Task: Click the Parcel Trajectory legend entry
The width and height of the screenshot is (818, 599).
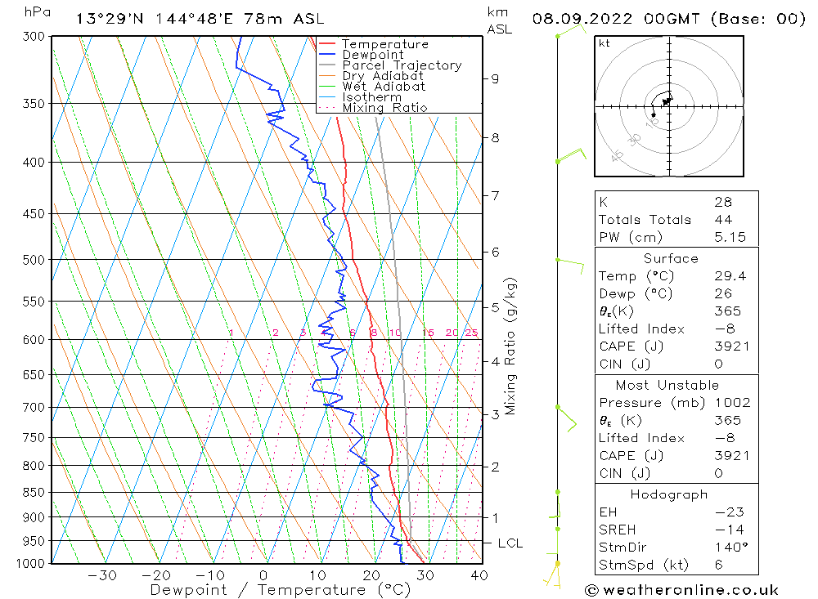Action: pyautogui.click(x=402, y=65)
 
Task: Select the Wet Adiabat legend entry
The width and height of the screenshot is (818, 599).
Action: pyautogui.click(x=384, y=87)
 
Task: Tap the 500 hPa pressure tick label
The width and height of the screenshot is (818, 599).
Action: pyautogui.click(x=35, y=260)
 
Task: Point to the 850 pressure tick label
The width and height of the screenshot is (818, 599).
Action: pyautogui.click(x=35, y=492)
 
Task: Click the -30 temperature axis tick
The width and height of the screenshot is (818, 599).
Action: pyautogui.click(x=102, y=575)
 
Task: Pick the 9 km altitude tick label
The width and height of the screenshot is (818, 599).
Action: pyautogui.click(x=495, y=78)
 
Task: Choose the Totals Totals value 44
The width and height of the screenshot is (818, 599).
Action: pyautogui.click(x=723, y=220)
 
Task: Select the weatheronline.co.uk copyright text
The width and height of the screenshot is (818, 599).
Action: pyautogui.click(x=681, y=590)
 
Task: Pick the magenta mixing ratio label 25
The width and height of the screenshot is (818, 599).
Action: pyautogui.click(x=471, y=333)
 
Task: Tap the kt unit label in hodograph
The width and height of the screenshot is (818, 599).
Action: pyautogui.click(x=604, y=43)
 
